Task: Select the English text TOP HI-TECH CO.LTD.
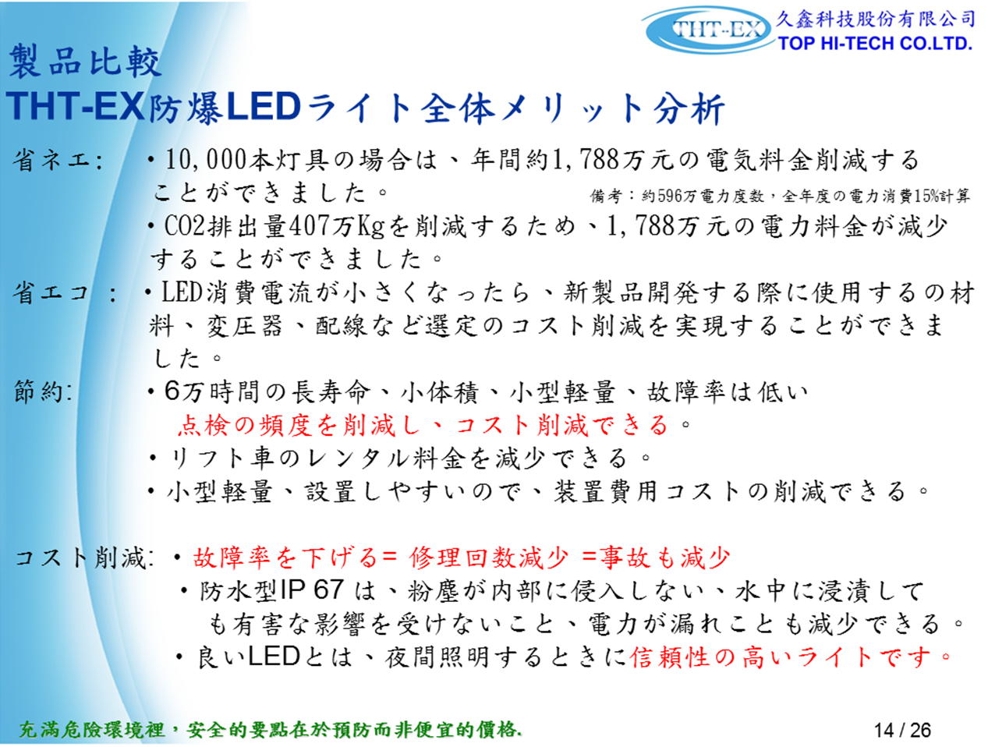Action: click(876, 43)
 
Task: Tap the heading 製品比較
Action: click(85, 62)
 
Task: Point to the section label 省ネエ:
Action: click(57, 160)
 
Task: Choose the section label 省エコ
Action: click(50, 293)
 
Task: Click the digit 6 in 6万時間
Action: click(172, 391)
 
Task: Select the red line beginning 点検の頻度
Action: click(423, 424)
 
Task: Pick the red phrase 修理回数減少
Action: click(488, 558)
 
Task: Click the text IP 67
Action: click(312, 590)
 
